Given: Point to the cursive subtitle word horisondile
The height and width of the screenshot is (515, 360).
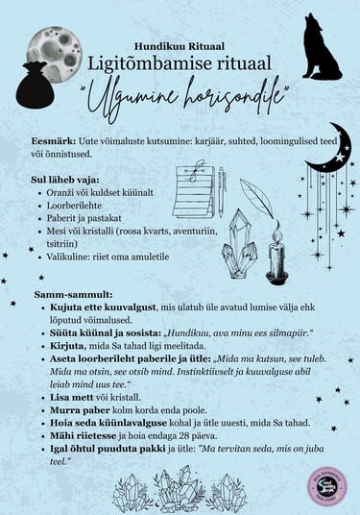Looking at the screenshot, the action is pyautogui.click(x=232, y=95).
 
